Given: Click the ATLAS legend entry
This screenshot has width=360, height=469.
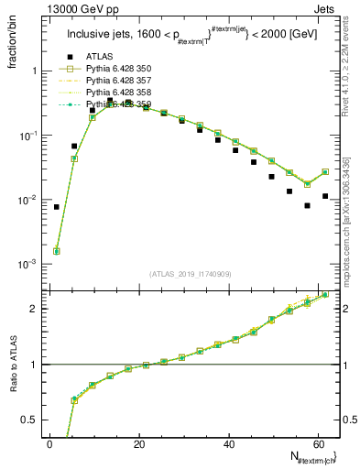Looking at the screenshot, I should pos(99,57).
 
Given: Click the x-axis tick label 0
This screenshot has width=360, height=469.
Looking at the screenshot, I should pos(49,443).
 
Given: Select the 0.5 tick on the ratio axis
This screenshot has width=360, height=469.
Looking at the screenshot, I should pos(29,420).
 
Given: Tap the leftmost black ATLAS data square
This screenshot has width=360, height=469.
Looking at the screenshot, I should pos(57,207).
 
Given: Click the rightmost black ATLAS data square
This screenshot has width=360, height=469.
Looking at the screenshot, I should pos(325,196).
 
